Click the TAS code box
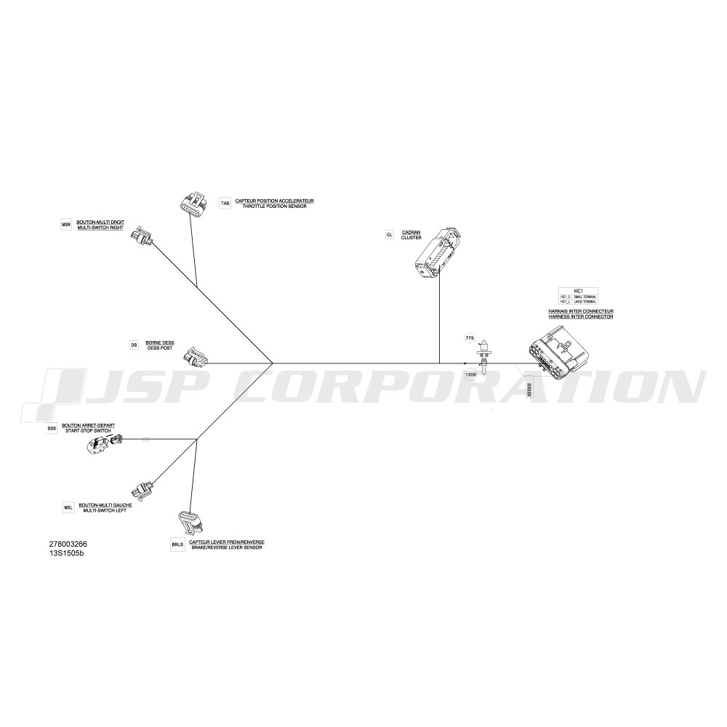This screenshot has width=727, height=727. click(225, 204)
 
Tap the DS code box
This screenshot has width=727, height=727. click(134, 345)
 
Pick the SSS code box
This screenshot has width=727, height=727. click(52, 429)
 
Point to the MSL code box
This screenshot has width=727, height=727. click(69, 507)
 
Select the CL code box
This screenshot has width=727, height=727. click(390, 235)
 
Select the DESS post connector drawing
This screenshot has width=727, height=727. click(196, 357)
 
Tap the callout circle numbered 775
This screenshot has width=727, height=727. click(470, 339)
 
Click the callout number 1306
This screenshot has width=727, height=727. click(470, 375)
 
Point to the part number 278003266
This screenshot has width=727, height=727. click(68, 544)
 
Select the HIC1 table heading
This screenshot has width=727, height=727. click(579, 290)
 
